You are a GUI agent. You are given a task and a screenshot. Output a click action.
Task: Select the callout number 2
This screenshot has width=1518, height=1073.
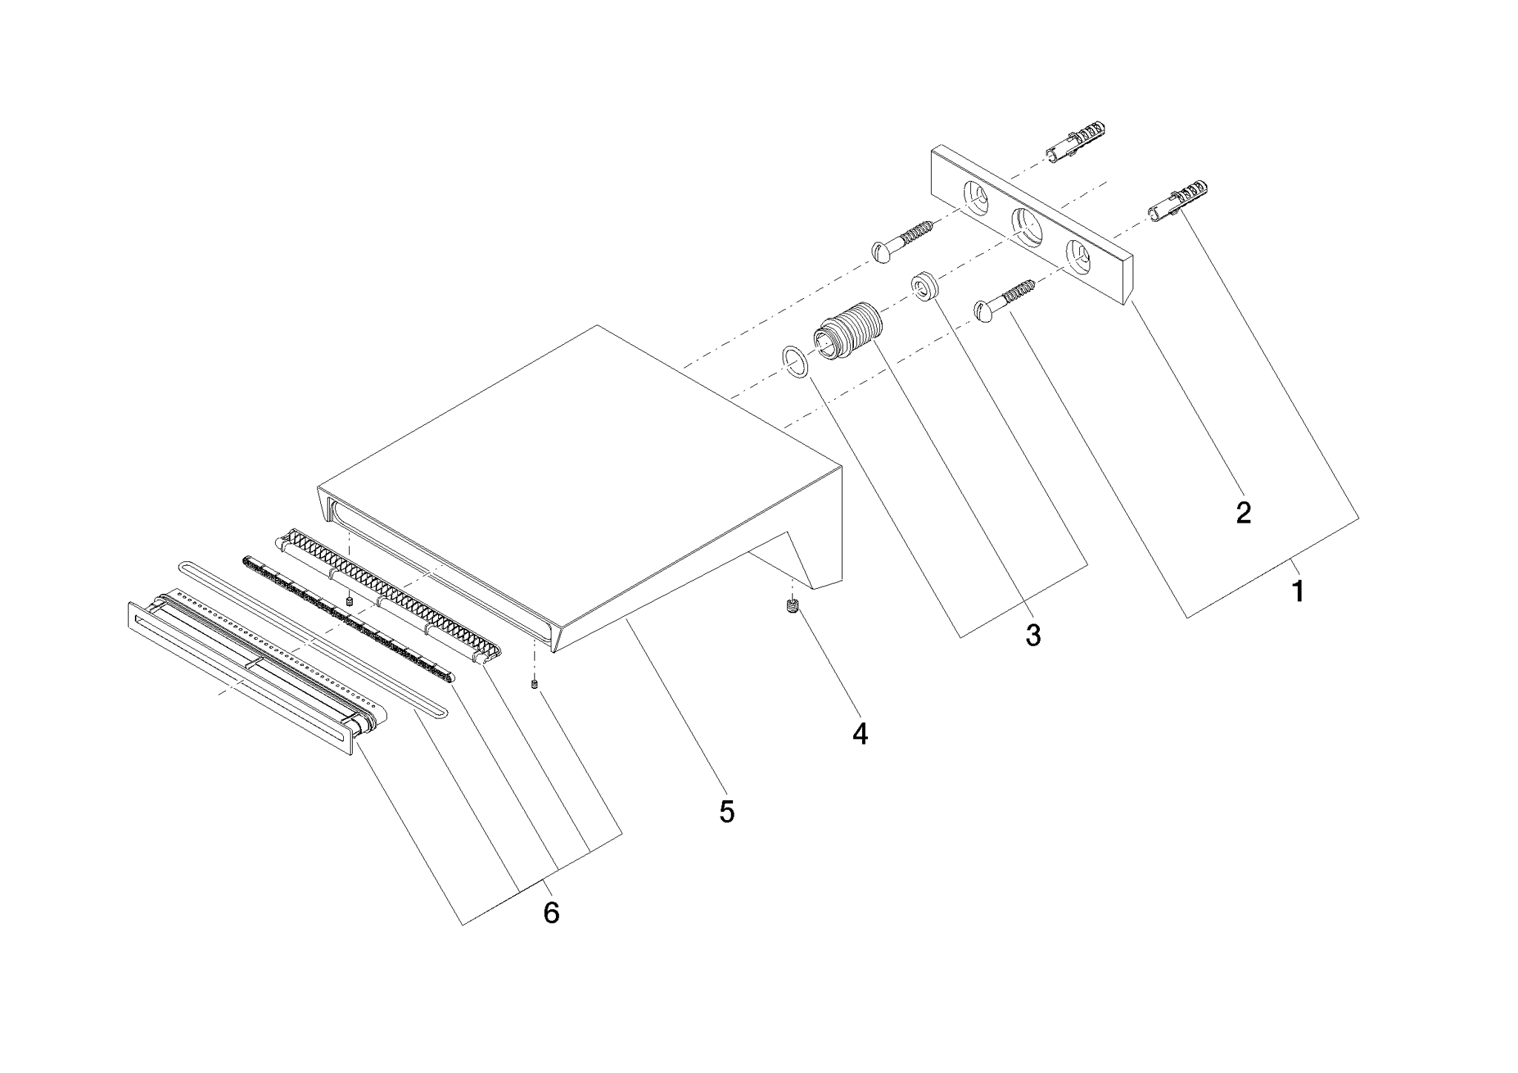pos(1244,513)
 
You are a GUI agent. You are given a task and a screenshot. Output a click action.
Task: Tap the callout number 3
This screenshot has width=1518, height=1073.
pos(1033,635)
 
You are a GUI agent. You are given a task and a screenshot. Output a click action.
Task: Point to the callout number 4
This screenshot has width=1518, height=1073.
pos(860,733)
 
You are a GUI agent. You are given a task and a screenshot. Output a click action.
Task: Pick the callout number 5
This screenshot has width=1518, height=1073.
pos(727,812)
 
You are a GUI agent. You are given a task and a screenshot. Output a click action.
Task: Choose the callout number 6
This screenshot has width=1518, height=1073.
pos(551,913)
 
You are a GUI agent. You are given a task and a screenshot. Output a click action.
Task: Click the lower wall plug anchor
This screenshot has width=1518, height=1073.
pos(1178,202)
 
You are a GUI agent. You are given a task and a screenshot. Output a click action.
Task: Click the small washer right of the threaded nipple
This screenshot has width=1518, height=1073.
pos(924,285)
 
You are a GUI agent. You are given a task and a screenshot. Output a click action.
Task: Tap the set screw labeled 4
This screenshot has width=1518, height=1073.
pos(792,607)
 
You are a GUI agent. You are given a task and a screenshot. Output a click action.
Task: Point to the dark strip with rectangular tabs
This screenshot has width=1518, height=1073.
pos(348,617)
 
